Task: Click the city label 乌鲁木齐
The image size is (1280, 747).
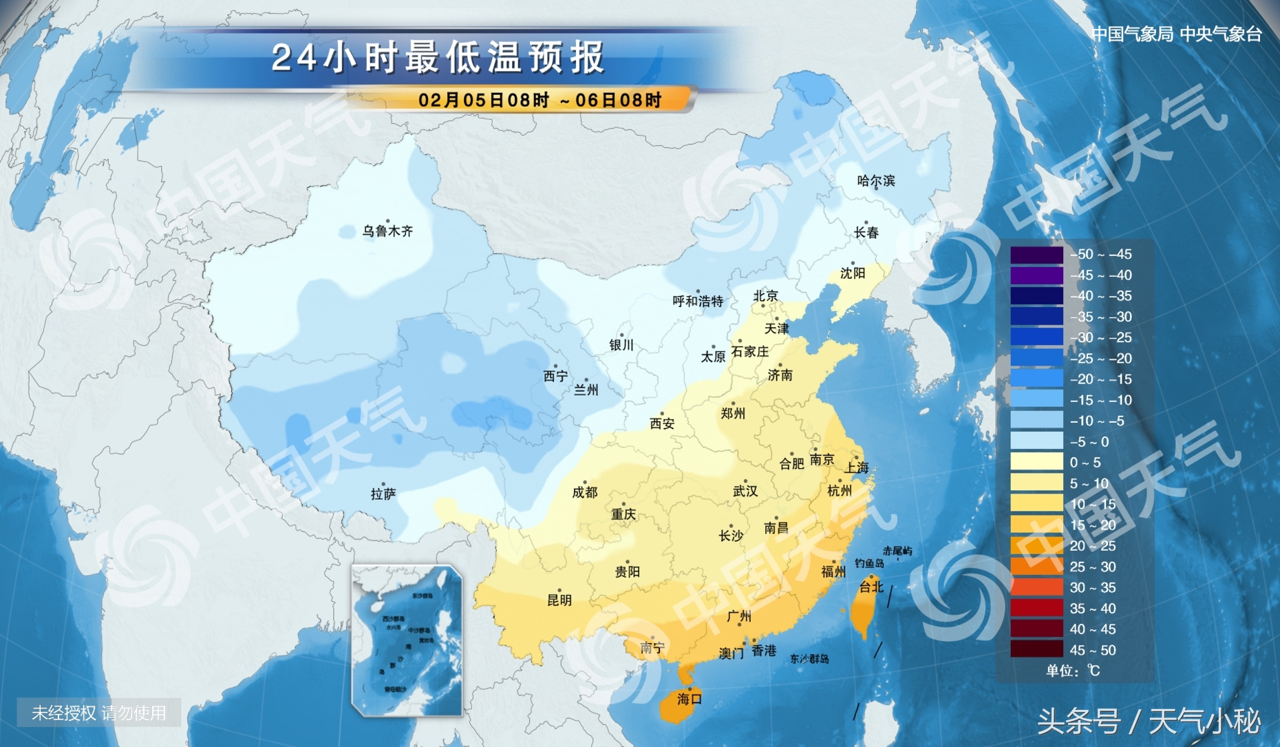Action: (387, 231)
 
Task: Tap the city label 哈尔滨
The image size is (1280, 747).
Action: (875, 181)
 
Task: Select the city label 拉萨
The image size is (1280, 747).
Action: (383, 494)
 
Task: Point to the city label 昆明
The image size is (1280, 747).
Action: (559, 600)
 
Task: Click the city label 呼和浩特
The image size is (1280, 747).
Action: (698, 301)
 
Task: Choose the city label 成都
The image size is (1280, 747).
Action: (584, 492)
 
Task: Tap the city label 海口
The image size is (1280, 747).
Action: (689, 699)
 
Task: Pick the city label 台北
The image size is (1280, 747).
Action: (871, 587)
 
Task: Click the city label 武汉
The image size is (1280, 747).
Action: (745, 491)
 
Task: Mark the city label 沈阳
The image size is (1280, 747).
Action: (852, 273)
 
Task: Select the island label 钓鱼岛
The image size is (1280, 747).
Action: (869, 563)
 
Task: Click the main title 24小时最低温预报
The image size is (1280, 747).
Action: (438, 57)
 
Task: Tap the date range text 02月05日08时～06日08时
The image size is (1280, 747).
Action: (540, 101)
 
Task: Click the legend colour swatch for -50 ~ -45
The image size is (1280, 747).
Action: (1036, 255)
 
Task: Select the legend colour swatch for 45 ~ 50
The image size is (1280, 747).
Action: (1036, 650)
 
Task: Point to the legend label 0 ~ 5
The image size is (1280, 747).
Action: (1085, 463)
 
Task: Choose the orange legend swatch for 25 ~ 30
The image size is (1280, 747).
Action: (1036, 567)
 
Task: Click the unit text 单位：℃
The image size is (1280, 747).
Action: (1073, 671)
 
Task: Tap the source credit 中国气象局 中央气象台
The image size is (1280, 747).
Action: (1177, 34)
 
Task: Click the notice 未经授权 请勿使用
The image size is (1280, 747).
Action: (99, 713)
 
